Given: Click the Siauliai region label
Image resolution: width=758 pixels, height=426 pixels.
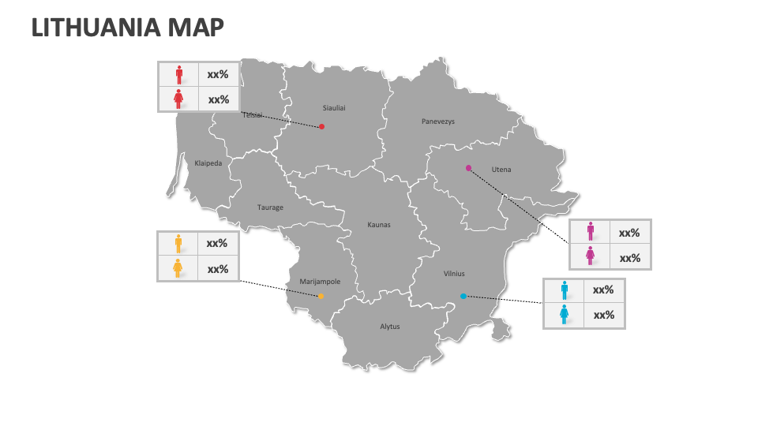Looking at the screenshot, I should (x=334, y=107).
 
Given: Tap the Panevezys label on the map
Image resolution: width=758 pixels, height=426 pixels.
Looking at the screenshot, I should (x=438, y=121).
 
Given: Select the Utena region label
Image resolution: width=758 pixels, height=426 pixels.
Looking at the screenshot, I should (x=501, y=170).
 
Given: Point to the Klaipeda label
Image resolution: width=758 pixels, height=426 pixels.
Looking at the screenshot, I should (x=208, y=163).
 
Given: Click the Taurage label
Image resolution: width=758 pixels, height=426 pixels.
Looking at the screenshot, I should (x=270, y=207).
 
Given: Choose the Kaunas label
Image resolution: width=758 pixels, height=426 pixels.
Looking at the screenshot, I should (x=379, y=225).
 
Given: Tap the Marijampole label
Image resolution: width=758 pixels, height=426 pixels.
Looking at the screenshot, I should (x=320, y=282).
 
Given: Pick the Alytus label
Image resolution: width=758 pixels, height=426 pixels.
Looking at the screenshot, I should (x=390, y=327).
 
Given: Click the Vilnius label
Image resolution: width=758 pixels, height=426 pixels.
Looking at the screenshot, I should (x=454, y=274).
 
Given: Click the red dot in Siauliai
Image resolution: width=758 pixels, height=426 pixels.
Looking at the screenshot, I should (x=321, y=126).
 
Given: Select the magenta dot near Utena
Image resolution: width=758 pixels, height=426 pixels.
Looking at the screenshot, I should (x=468, y=168).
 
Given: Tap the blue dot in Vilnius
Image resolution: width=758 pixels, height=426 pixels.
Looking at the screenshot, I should (x=463, y=296).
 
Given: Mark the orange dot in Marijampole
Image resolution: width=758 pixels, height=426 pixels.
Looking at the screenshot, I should (x=320, y=296).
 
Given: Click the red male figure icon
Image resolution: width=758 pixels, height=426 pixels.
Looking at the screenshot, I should (x=179, y=75).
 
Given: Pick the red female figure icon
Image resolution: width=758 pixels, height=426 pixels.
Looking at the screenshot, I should (x=179, y=99).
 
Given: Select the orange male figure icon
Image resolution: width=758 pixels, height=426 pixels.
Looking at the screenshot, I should (x=178, y=243).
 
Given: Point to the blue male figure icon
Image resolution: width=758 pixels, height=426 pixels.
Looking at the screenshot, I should (x=565, y=290).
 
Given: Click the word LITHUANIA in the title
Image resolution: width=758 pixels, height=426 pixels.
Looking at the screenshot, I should (x=96, y=28).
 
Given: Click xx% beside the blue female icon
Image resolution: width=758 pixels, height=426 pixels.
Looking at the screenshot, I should (x=604, y=315).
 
